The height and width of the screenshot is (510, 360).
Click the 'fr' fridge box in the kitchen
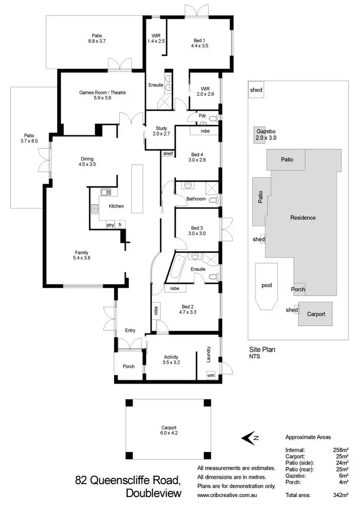120,225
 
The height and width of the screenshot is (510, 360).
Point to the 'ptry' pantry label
110,225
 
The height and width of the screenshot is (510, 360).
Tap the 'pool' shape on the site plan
266,285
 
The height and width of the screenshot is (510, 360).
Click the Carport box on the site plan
316,314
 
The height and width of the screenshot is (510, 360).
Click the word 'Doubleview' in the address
154,493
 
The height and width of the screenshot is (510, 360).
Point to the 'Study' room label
161,128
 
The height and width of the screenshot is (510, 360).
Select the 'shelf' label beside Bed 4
168,154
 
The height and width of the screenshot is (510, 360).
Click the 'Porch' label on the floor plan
129,366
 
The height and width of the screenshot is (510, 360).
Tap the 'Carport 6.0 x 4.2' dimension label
168,430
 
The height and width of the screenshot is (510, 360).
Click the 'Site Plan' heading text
262,350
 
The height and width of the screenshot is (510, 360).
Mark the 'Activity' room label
171,357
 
